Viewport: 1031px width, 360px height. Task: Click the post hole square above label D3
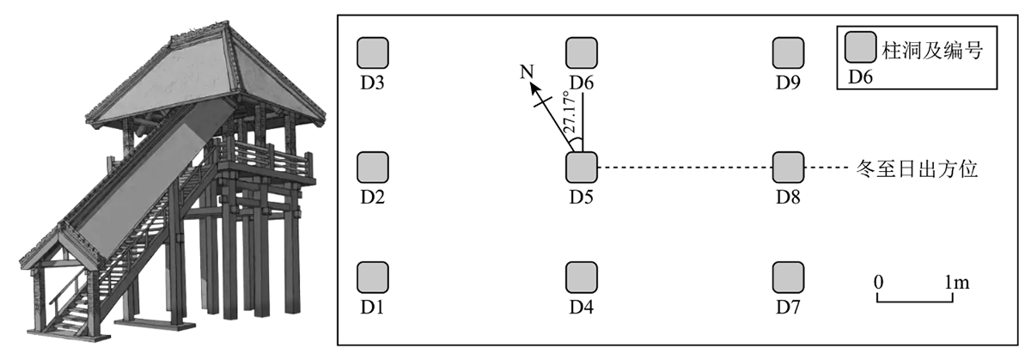point(372,52)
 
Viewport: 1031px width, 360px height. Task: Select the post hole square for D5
point(582,166)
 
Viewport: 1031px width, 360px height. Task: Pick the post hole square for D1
point(372,278)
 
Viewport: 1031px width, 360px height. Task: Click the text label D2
point(372,197)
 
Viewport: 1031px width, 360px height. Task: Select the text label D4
point(582,307)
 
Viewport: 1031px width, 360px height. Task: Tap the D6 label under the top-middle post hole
point(582,82)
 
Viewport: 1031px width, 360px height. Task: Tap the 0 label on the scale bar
point(878,281)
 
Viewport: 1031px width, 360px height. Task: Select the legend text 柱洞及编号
point(930,50)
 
